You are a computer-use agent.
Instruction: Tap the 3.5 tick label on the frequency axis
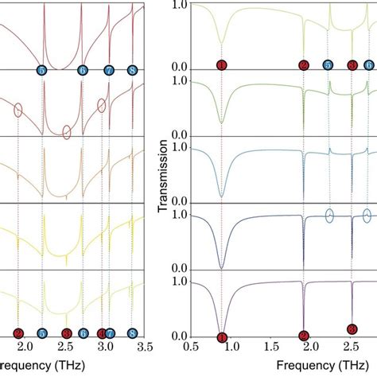(145, 347)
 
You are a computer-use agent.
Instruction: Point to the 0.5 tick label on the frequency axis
(190, 347)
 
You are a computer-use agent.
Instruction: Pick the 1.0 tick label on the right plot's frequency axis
(231, 347)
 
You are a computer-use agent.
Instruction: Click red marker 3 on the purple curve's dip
(352, 328)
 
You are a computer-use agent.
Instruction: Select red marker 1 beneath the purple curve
(222, 337)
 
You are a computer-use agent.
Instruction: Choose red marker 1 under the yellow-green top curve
(222, 65)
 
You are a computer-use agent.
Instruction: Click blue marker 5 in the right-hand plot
(328, 65)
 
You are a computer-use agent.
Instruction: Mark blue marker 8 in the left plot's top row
(132, 71)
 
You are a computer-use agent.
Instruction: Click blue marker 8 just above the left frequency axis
(132, 334)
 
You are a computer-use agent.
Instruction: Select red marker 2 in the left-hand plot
(18, 334)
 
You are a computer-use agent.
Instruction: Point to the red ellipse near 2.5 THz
(67, 132)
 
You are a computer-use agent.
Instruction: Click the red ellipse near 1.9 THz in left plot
(17, 111)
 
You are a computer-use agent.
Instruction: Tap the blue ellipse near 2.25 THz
(328, 215)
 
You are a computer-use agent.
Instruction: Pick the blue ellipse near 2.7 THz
(367, 215)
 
